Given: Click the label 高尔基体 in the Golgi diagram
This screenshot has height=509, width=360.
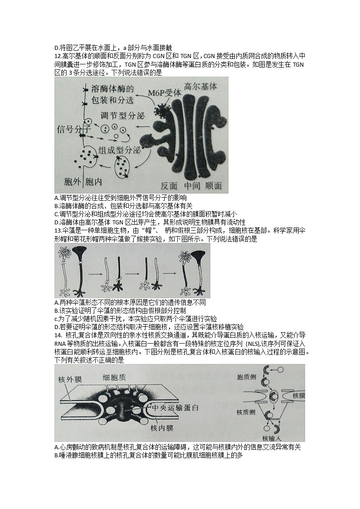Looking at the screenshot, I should (201, 86).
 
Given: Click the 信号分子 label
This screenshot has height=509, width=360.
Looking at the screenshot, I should (72, 129).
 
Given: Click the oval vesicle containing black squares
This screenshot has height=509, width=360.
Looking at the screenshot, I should (123, 166).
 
